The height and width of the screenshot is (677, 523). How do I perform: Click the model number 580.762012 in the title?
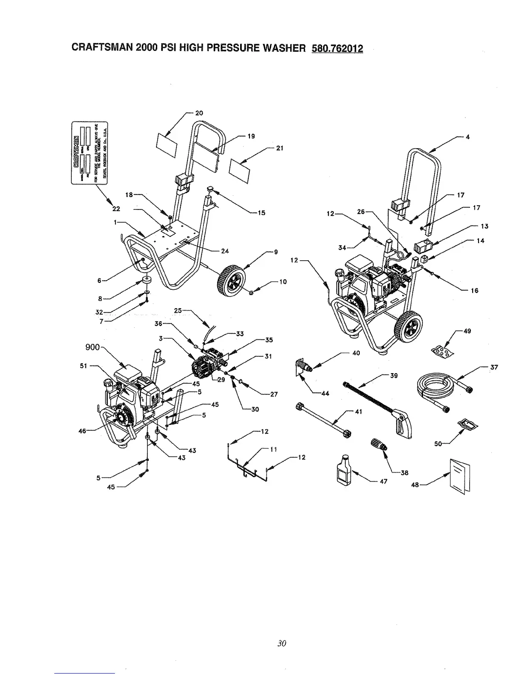(334, 48)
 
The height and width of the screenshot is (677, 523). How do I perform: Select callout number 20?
(199, 113)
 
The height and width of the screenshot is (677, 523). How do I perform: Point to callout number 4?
(468, 137)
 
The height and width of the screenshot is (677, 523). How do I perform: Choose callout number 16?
(474, 291)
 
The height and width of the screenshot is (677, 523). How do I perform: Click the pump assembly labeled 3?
(205, 365)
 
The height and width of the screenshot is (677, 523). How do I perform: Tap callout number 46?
(82, 431)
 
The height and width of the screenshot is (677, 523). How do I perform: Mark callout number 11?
(274, 449)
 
